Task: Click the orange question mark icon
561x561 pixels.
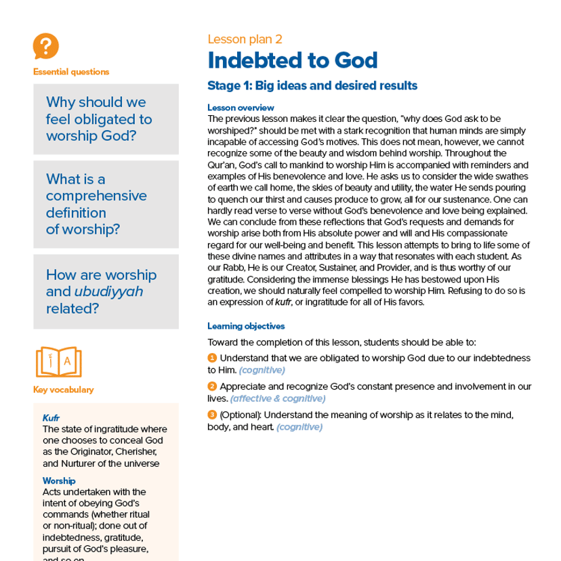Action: [x=45, y=47]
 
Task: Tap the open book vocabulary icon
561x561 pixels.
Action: [x=58, y=362]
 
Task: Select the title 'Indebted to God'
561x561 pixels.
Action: [x=292, y=61]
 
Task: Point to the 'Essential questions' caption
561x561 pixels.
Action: [x=70, y=72]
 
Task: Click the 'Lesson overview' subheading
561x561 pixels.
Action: [x=241, y=108]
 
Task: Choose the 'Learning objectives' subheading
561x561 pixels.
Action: [x=246, y=326]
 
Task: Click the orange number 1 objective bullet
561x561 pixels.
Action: [x=211, y=358]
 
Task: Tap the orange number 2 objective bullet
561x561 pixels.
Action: [x=211, y=386]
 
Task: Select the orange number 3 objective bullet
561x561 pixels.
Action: [x=211, y=415]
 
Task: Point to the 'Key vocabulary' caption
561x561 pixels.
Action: [x=63, y=390]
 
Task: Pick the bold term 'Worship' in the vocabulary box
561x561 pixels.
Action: [x=58, y=480]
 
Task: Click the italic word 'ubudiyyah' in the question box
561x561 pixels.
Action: [x=114, y=292]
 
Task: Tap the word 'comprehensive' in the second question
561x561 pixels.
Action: [x=96, y=196]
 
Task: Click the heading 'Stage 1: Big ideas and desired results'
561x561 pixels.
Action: [x=312, y=86]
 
